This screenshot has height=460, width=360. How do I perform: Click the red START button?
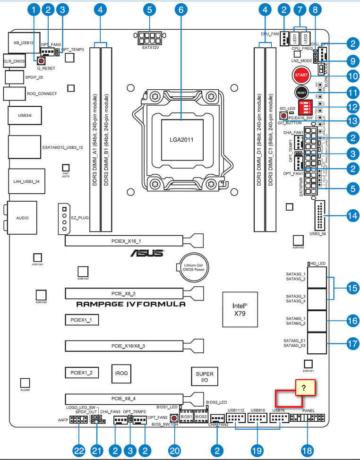click(x=301, y=75)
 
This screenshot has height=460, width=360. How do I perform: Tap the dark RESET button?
click(x=301, y=93)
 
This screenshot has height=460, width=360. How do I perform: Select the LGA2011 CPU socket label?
click(x=182, y=139)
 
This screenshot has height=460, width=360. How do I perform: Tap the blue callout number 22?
click(x=78, y=450)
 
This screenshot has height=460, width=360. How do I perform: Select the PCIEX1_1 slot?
click(x=82, y=320)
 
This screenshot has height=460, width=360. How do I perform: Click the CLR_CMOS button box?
click(x=14, y=61)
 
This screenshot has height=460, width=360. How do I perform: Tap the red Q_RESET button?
click(x=41, y=61)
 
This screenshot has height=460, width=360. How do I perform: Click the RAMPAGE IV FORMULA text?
click(x=131, y=305)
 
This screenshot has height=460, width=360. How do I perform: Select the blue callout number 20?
click(x=175, y=450)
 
